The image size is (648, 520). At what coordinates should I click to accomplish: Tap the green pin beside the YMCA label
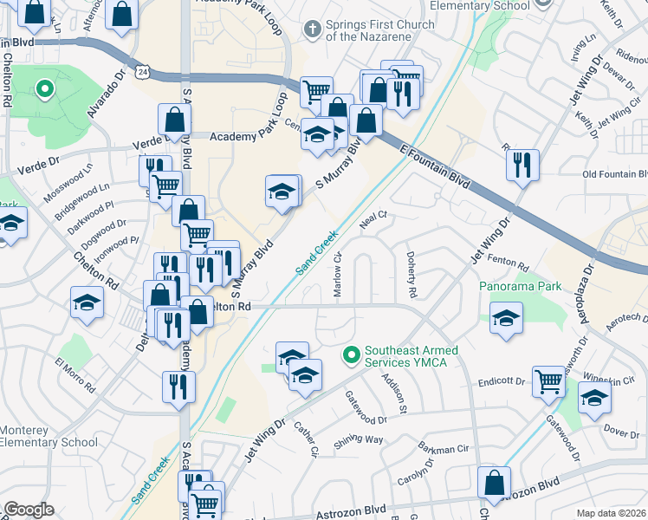[x=352, y=354]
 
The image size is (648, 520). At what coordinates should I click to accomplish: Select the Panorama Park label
[x=521, y=286]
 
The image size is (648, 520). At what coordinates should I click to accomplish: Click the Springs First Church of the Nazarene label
[x=380, y=30]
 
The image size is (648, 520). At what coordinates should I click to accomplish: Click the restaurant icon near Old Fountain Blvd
[x=522, y=164]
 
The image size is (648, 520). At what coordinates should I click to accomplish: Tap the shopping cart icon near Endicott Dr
[x=549, y=381]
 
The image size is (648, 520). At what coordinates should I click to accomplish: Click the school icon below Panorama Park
[x=506, y=317]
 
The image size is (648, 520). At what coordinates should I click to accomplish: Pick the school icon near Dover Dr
[x=594, y=398]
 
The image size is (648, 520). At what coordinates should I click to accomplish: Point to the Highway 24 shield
[x=144, y=68]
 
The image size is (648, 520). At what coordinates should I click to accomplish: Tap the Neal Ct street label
[x=371, y=220]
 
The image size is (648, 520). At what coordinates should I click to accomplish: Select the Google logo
[x=29, y=510]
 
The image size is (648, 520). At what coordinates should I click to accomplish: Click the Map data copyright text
[x=612, y=513]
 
